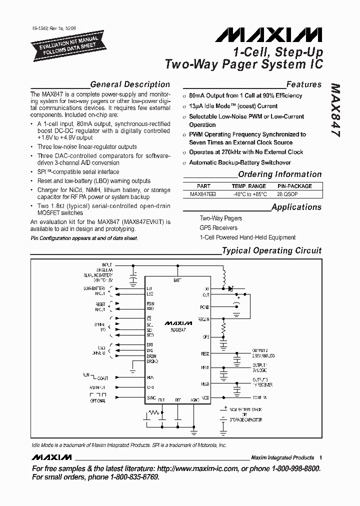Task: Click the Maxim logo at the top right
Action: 269,34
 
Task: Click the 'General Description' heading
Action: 130,84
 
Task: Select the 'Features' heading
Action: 303,84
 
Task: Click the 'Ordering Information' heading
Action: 279,174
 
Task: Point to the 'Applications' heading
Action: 296,207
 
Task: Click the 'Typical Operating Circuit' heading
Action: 271,250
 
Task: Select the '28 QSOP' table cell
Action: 298,193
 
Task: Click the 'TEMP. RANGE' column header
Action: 248,185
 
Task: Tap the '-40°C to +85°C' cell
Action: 248,193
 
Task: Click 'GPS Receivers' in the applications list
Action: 218,228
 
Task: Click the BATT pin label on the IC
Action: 177,281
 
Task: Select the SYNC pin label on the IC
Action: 151,397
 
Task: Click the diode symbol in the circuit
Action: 230,288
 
